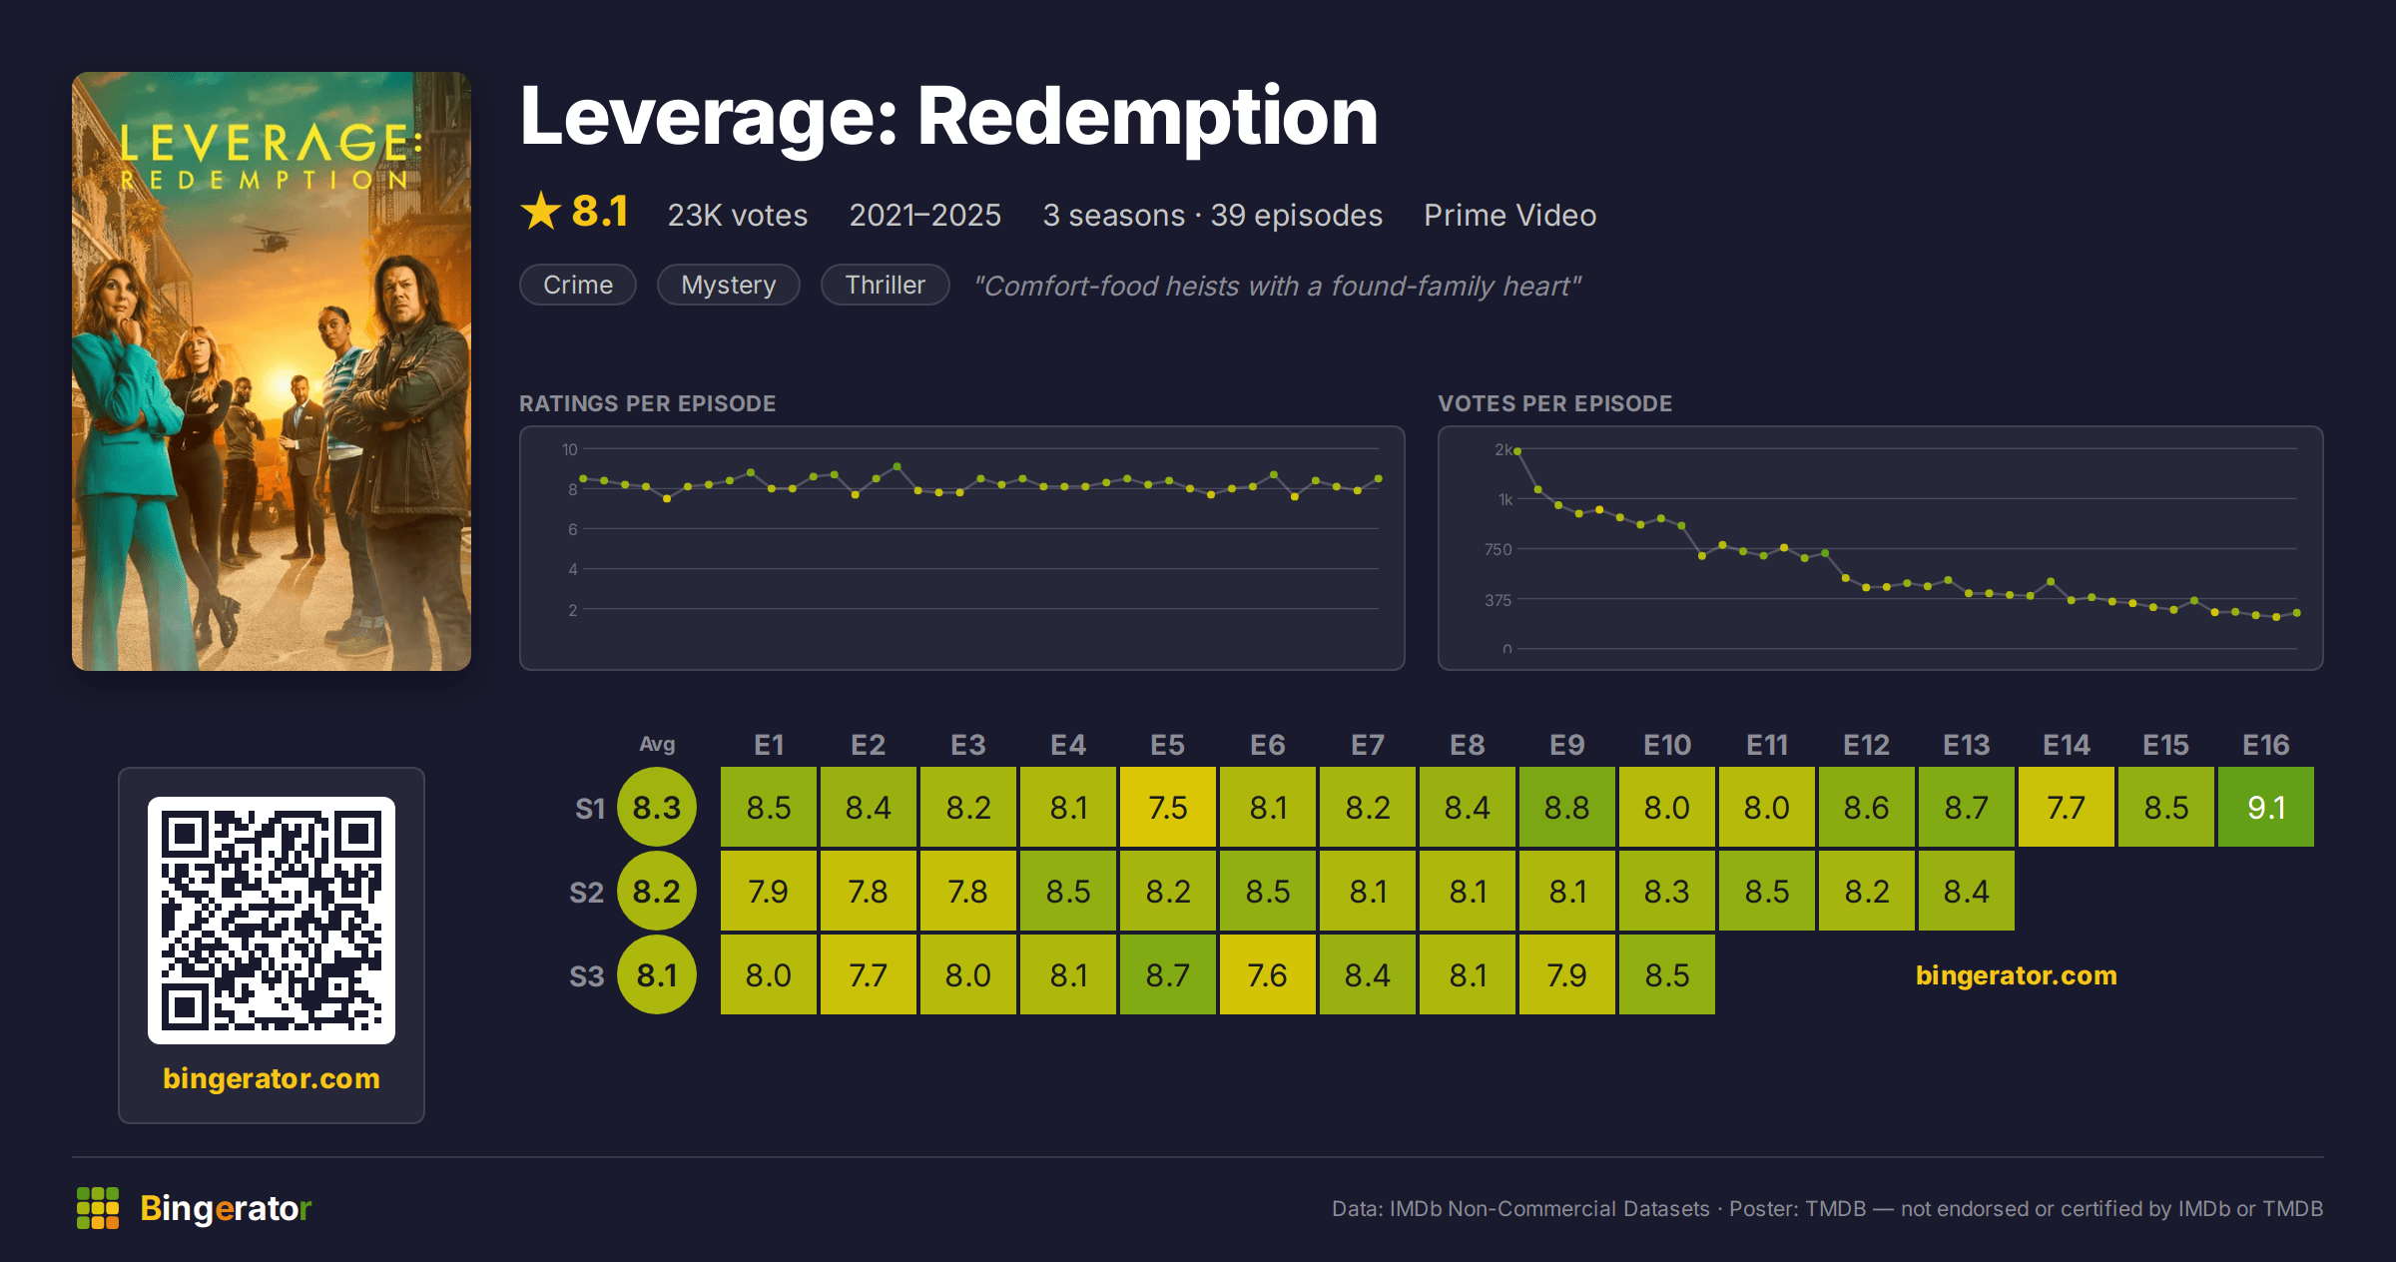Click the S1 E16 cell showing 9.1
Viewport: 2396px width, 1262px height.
2265,807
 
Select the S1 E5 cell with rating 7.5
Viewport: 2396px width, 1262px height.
1167,807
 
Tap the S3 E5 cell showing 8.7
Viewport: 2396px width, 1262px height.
1167,974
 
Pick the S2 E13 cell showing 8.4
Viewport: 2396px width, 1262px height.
1966,891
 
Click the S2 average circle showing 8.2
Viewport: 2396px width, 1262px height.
657,891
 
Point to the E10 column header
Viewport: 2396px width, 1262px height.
1667,745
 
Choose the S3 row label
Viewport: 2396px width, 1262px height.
587,975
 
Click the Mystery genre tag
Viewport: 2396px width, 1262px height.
729,285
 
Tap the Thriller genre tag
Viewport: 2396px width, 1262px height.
885,285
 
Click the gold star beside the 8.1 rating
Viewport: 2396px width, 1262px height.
541,211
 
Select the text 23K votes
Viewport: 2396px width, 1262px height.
738,215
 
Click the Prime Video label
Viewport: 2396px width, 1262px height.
1509,215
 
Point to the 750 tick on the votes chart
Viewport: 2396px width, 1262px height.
1497,549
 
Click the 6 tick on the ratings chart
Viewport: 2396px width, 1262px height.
573,529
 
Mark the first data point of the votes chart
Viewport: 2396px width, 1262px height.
1517,451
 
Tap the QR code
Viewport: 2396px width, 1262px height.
272,921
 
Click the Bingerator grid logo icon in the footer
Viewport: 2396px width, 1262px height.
98,1208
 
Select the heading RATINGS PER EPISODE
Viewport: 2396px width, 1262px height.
647,403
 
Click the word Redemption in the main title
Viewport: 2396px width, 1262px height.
1147,117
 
